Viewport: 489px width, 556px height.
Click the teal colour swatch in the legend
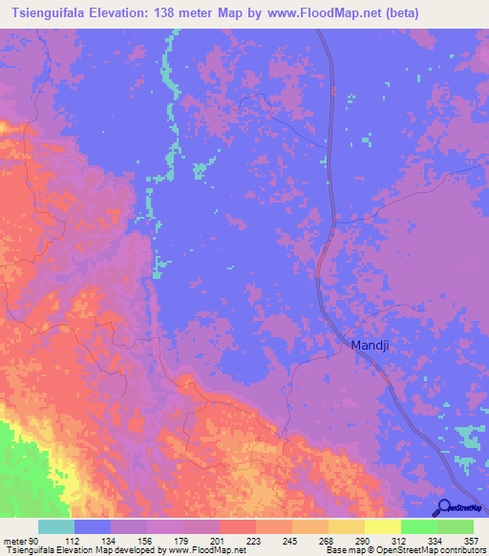(56, 526)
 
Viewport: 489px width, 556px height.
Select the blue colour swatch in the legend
(93, 526)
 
